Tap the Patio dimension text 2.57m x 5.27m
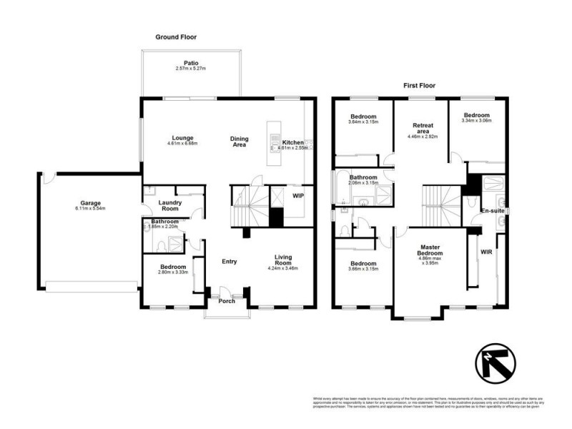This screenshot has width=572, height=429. coord(191,69)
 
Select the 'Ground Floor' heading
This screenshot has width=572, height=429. coord(176,36)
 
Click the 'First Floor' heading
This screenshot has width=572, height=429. coord(420,85)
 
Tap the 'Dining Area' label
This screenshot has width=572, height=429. coord(238,141)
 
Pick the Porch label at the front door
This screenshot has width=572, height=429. coord(227,300)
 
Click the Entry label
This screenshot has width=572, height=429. coord(229,262)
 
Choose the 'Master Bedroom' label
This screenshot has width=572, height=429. coord(430,252)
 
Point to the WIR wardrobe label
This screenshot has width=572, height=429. coord(486,252)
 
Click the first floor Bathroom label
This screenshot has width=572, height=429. coord(363,177)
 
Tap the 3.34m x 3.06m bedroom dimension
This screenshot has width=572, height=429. coord(476,122)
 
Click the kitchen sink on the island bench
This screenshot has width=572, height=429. coord(275,143)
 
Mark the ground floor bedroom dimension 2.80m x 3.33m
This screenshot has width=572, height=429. coord(173,272)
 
